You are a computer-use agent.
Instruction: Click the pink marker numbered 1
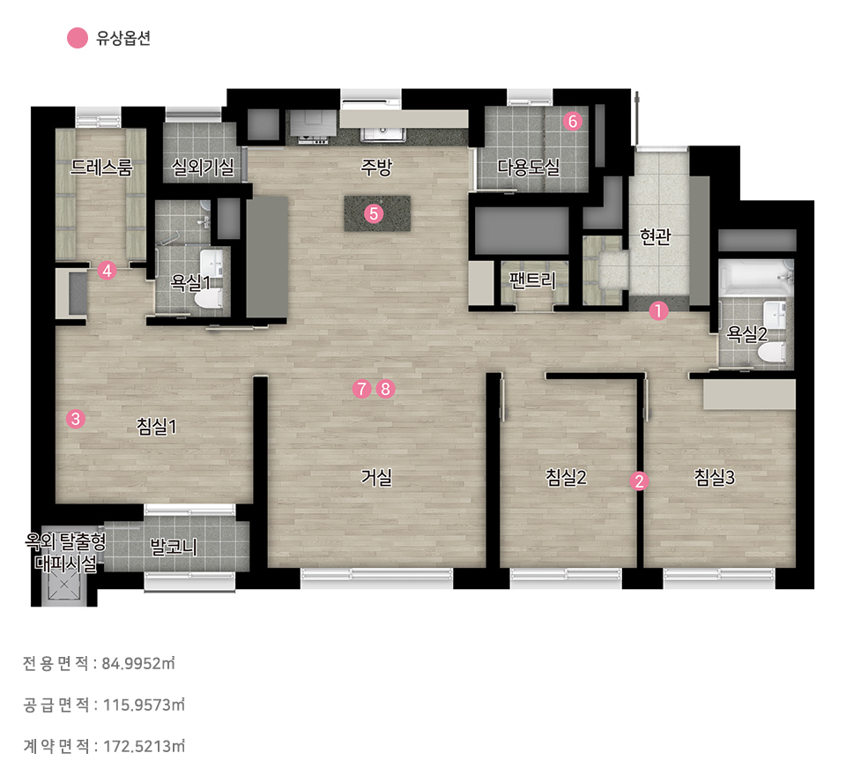pyautogui.click(x=657, y=311)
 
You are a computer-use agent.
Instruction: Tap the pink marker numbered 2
pyautogui.click(x=640, y=481)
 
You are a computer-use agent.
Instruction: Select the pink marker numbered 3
pyautogui.click(x=76, y=418)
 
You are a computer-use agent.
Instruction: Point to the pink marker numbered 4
pyautogui.click(x=107, y=271)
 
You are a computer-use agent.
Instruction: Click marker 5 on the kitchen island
pyautogui.click(x=374, y=213)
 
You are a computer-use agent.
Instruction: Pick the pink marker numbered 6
pyautogui.click(x=573, y=121)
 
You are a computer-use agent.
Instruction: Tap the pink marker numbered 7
pyautogui.click(x=361, y=389)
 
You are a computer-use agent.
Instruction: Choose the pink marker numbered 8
pyautogui.click(x=385, y=389)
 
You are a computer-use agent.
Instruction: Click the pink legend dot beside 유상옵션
pyautogui.click(x=78, y=38)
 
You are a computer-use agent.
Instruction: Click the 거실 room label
pyautogui.click(x=376, y=477)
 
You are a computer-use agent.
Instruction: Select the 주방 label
pyautogui.click(x=376, y=167)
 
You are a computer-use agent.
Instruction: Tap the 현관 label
pyautogui.click(x=655, y=235)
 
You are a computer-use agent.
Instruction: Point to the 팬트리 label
pyautogui.click(x=532, y=280)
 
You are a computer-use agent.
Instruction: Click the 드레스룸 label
pyautogui.click(x=100, y=167)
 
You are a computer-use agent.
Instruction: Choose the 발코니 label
pyautogui.click(x=174, y=547)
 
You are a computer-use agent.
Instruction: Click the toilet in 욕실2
pyautogui.click(x=773, y=354)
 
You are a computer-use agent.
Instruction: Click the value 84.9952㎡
pyautogui.click(x=138, y=663)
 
